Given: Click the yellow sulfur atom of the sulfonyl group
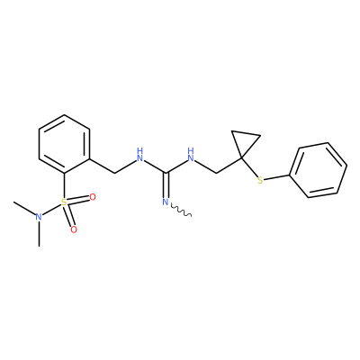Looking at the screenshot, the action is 64,202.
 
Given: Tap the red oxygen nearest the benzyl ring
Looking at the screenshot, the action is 93,197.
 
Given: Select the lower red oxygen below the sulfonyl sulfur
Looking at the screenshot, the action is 74,229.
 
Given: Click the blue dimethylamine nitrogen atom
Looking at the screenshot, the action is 38,217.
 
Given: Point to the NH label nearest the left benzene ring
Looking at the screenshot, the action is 139,154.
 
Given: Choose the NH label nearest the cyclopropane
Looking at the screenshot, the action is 191,154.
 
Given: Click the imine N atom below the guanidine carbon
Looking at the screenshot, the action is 165,202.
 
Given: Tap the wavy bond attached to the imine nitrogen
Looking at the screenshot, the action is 181,210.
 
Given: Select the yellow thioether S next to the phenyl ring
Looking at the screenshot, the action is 260,180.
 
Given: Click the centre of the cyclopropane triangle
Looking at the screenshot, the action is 244,141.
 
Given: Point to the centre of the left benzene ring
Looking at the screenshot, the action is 64,144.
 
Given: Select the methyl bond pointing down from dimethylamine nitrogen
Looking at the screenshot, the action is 39,234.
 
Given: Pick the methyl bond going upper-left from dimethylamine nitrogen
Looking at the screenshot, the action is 24,209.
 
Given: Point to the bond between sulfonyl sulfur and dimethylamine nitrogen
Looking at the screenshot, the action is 51,210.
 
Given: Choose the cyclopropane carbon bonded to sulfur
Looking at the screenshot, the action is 241,157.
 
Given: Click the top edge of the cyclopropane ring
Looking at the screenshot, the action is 246,134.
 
